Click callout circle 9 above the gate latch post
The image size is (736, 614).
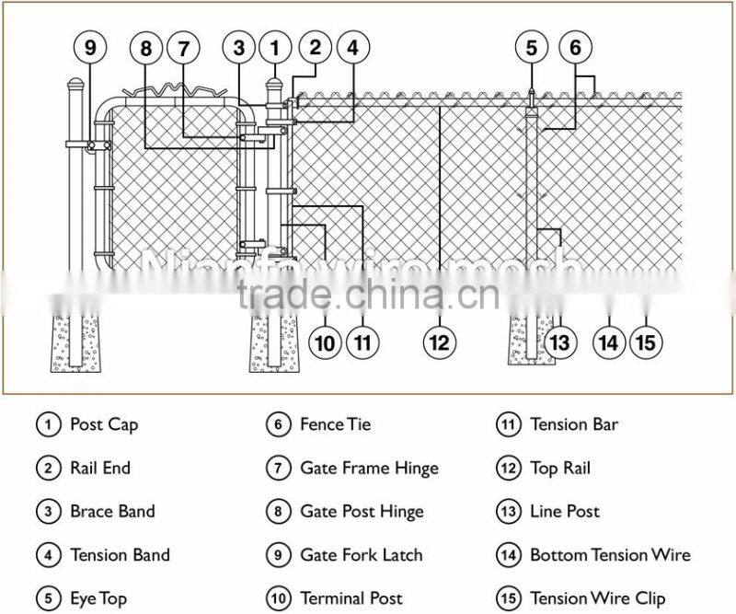pos(89,47)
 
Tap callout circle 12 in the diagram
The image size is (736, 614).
pos(440,343)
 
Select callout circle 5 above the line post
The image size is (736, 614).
pos(531,47)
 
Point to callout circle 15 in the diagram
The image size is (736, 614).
pos(646,343)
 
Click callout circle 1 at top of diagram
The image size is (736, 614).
pos(274,47)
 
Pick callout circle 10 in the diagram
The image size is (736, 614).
pos(324,343)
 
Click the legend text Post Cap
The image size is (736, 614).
pos(103,424)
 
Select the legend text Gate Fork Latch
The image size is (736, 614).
pos(361,555)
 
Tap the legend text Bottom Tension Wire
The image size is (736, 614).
pos(609,555)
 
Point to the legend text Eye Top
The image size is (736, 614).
pos(98,598)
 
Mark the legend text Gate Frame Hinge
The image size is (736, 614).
pos(369,468)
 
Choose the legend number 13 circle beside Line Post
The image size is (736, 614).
pos(509,512)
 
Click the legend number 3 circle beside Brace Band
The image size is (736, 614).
pos(49,512)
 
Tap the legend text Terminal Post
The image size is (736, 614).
pos(351,598)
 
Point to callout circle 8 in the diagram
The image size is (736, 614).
pos(145,47)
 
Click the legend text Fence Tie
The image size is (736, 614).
pos(335,424)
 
